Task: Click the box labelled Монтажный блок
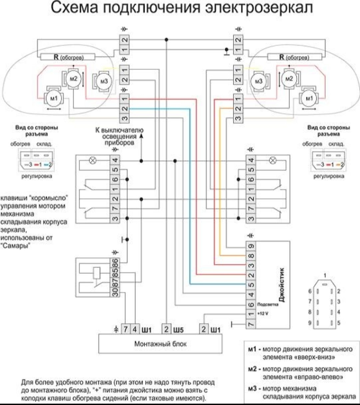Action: click(x=160, y=344)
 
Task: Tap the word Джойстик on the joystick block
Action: click(x=282, y=284)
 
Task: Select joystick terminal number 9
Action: click(x=251, y=247)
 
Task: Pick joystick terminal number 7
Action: click(x=251, y=323)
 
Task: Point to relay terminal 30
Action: click(x=115, y=292)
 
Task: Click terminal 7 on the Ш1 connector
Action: click(x=125, y=330)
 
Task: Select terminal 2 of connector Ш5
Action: click(x=166, y=330)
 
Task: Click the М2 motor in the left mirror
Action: click(x=74, y=78)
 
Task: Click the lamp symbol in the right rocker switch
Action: click(x=273, y=160)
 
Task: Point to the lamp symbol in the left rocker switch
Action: click(x=93, y=160)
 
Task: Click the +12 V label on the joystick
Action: click(x=262, y=314)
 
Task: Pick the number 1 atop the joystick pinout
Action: click(x=325, y=276)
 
